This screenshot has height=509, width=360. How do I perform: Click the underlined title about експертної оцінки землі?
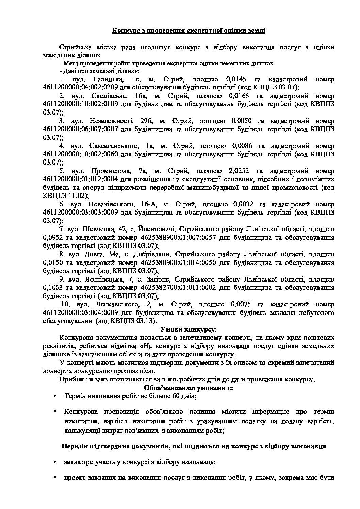coord(189,31)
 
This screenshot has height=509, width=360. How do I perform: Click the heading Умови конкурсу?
coord(188,329)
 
